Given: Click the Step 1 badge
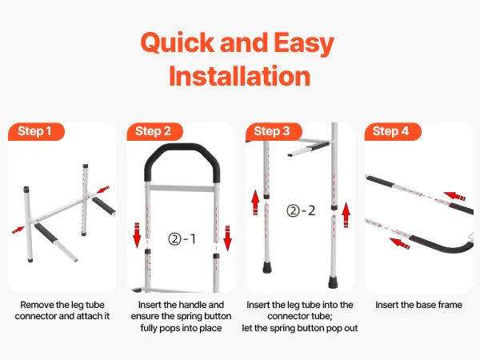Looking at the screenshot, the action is [x=36, y=132].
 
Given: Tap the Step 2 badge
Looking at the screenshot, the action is [x=154, y=132].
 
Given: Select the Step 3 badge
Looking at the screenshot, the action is [x=274, y=132].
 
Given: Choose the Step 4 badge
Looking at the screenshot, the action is [x=393, y=132].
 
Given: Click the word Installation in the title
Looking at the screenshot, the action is [x=240, y=76].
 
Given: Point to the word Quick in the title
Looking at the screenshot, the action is [x=178, y=42].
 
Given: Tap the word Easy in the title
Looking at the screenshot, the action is [x=304, y=43].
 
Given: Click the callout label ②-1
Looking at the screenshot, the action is [x=182, y=238].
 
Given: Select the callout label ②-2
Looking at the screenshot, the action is [x=301, y=210].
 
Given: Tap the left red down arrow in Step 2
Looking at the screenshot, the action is [x=137, y=235].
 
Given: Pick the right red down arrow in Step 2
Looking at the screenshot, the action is [x=227, y=238].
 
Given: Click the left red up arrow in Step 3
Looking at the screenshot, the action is [x=255, y=202].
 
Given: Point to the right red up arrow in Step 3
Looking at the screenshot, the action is [x=346, y=214].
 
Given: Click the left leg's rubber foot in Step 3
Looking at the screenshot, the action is [x=267, y=267].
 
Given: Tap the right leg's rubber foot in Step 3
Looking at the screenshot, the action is [x=333, y=282].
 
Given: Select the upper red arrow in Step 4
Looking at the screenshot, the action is [x=454, y=196].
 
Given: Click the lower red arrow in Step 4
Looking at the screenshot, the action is [x=399, y=243].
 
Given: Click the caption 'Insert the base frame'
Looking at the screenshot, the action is [x=418, y=305].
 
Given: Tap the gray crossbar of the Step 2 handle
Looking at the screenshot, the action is [x=182, y=188].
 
